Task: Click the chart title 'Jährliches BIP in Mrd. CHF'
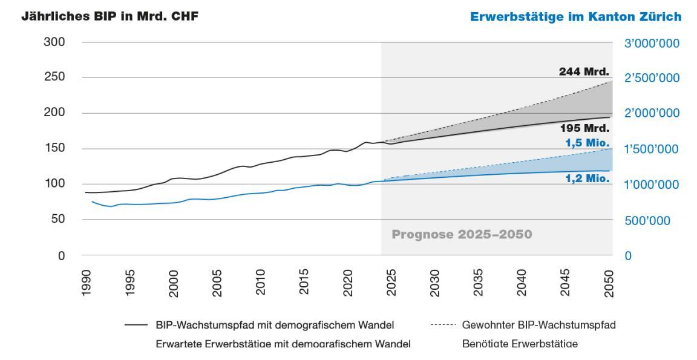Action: pos(110,17)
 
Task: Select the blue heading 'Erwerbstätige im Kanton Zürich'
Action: pos(575,18)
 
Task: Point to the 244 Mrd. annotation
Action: pos(583,72)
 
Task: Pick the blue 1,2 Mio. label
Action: pos(587,178)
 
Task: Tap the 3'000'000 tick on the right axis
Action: pos(652,44)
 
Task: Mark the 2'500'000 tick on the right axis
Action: pos(652,79)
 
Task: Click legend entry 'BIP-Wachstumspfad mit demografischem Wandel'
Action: pos(275,326)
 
